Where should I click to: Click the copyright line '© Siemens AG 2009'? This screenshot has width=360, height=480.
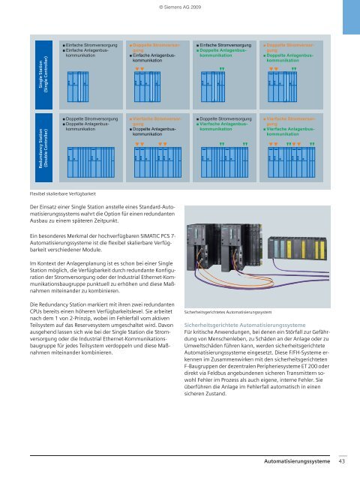[179, 7]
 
